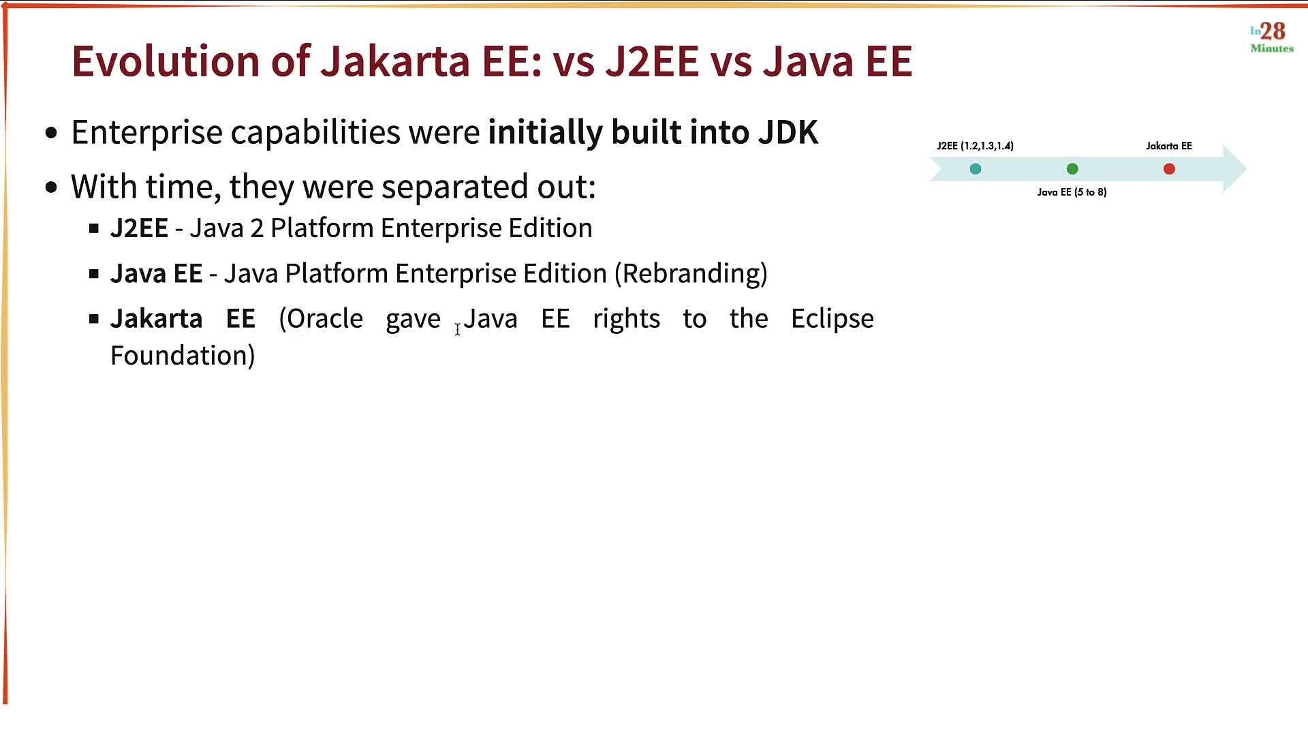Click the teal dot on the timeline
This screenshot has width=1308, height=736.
pos(976,169)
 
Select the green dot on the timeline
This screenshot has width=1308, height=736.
pos(1072,169)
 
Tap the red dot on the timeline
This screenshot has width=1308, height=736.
pos(1169,169)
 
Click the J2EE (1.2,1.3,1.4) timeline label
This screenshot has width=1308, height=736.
pos(975,146)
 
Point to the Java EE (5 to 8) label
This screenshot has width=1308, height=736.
pos(1072,192)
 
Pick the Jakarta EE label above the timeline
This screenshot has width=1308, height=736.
pos(1168,146)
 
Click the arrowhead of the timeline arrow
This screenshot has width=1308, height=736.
pos(1234,169)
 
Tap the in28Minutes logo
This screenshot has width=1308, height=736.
pos(1271,37)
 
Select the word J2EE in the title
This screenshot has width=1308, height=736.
pos(652,61)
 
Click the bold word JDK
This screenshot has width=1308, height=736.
pos(788,132)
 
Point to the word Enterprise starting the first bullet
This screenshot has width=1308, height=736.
pos(146,132)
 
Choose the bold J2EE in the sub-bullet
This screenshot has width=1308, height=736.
pos(139,228)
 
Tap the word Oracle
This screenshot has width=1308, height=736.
pos(321,319)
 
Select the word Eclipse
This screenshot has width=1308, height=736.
pos(832,319)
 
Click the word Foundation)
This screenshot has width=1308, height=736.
pos(183,356)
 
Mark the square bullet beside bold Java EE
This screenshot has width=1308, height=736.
pos(94,274)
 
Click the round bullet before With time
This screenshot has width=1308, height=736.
pos(52,187)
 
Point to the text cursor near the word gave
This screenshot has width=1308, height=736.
pos(458,329)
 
